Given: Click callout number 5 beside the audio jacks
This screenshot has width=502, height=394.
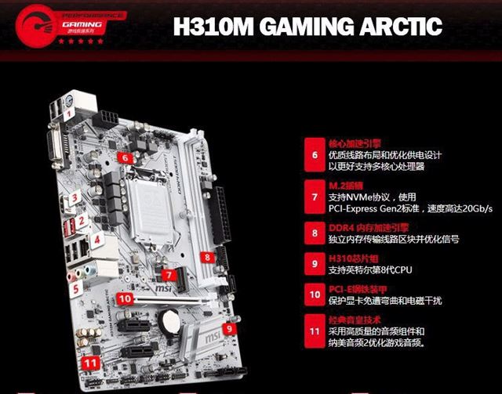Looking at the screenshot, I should coord(76,288).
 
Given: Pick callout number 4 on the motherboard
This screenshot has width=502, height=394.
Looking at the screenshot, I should coord(98,240).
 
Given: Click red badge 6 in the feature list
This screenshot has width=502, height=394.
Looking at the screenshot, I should coord(314,154).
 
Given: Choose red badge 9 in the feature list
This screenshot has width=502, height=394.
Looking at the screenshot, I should coord(314,264).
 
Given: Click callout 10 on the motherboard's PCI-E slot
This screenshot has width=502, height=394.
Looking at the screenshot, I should coord(125,298).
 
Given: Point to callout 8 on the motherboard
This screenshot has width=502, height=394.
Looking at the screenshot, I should coord(207,257).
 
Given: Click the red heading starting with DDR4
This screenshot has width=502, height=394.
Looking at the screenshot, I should coord(365,226).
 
